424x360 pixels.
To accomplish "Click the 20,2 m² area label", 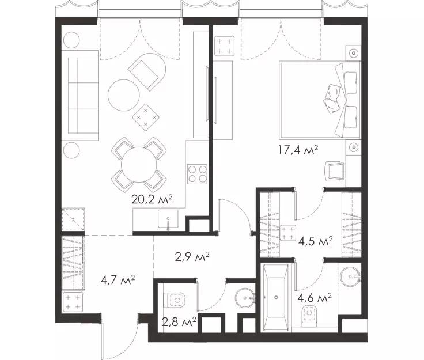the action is [152, 199].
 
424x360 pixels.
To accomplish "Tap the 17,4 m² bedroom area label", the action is [298, 150].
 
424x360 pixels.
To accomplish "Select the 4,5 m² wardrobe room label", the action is [315, 241].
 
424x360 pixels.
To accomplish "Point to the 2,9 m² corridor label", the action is [192, 257].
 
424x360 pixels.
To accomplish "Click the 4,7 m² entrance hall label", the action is [118, 280].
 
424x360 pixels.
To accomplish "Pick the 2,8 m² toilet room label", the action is [179, 322].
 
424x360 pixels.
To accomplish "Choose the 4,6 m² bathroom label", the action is [315, 298].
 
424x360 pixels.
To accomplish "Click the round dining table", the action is [139, 165].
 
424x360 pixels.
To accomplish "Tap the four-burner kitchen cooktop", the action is [198, 174].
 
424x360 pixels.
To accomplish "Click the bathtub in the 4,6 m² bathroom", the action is [276, 298].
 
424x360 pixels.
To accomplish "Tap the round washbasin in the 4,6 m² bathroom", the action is [351, 276].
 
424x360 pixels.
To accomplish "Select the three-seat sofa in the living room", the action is [79, 96].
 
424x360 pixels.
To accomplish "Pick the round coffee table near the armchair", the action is [124, 95].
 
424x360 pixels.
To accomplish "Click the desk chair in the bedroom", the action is [335, 171].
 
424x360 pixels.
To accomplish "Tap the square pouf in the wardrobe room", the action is [287, 233].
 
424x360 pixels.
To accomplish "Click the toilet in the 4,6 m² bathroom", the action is [310, 314].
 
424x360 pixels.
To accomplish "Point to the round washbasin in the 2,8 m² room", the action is [245, 298].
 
